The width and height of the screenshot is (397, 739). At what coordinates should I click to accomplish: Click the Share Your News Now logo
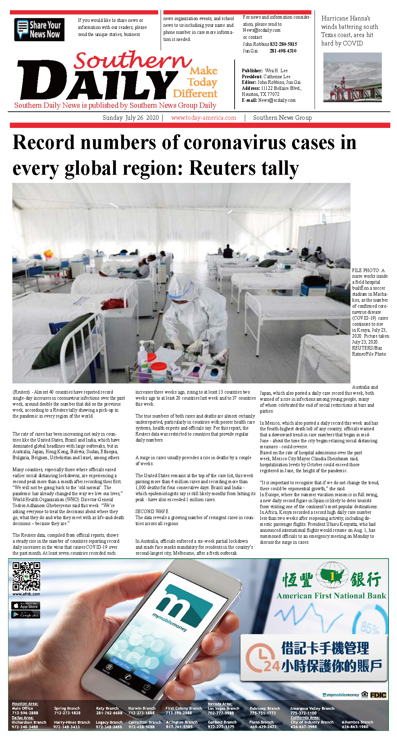(x=39, y=30)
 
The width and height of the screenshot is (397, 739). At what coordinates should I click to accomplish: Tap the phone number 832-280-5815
(x=283, y=44)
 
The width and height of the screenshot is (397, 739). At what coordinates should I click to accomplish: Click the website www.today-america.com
(x=204, y=118)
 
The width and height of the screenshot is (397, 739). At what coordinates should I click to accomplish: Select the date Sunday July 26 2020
(x=131, y=118)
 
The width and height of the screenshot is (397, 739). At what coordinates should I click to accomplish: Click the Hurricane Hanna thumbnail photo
(x=352, y=77)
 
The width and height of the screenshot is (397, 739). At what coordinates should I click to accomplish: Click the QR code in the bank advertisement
(x=26, y=576)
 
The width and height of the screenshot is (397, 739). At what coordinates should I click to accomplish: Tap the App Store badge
(x=26, y=606)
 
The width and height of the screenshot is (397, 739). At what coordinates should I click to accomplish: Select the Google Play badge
(x=26, y=615)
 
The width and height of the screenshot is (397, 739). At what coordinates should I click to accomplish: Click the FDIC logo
(x=378, y=695)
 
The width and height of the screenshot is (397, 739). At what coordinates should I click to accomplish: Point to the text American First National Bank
(x=331, y=596)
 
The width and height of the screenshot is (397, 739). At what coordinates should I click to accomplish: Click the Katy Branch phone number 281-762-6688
(x=109, y=713)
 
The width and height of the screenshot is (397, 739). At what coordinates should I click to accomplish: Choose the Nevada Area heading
(x=220, y=704)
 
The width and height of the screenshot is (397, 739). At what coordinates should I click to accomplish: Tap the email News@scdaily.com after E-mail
(x=277, y=100)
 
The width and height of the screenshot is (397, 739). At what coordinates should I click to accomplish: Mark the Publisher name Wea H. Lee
(x=276, y=71)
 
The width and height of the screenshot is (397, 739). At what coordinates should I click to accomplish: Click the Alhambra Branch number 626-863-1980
(x=355, y=727)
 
